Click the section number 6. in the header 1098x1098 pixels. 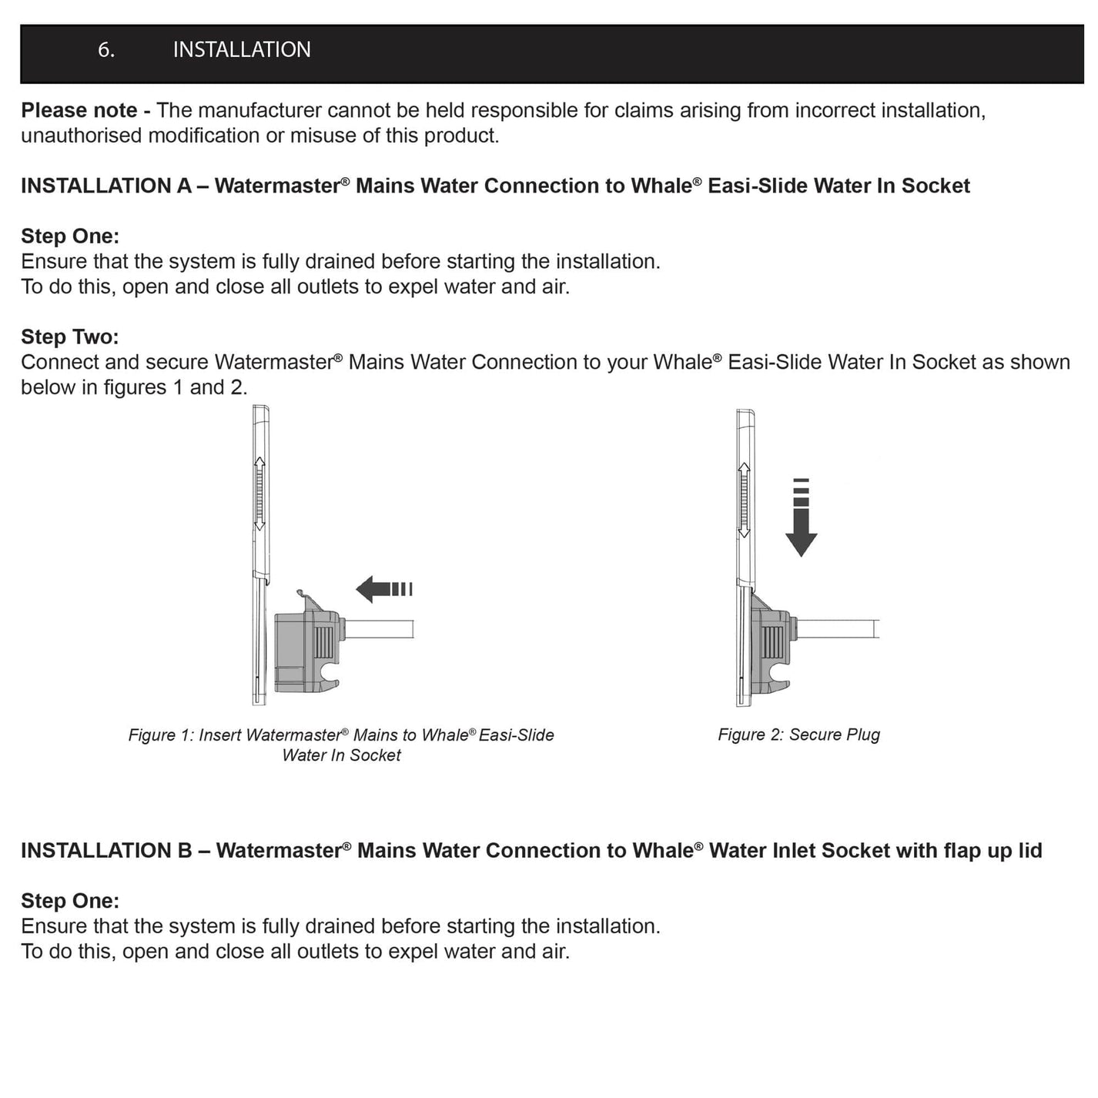[106, 50]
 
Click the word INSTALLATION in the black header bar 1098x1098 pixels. [241, 50]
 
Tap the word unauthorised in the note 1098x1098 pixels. [82, 136]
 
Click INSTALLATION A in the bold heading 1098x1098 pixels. [105, 186]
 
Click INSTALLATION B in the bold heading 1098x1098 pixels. [106, 850]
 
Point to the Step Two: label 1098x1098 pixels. [69, 336]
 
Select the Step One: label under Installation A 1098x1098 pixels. [69, 236]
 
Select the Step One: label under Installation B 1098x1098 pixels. [69, 900]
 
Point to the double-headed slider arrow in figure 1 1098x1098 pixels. [259, 494]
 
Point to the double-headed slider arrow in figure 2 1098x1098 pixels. [744, 500]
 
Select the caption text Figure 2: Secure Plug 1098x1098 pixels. [798, 735]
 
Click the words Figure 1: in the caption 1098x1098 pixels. [161, 735]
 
